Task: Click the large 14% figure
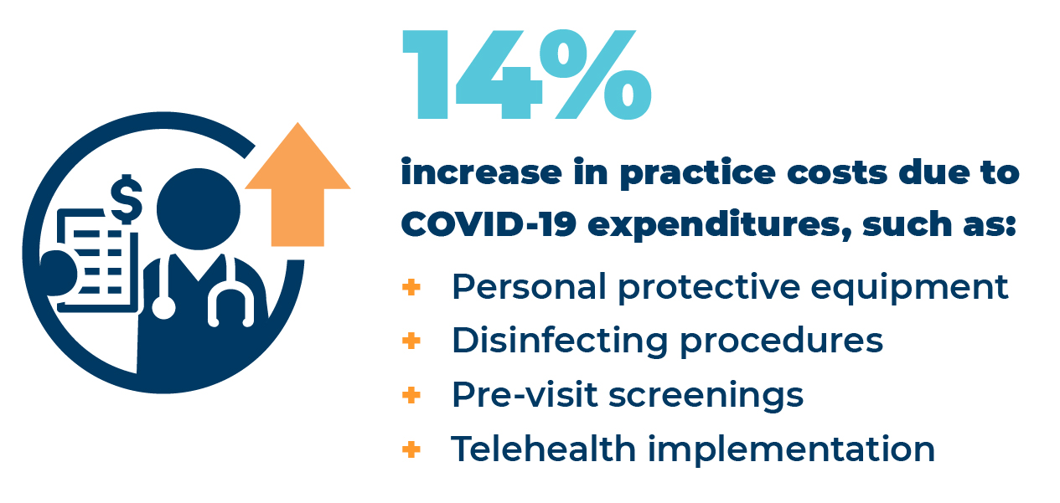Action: point(527,74)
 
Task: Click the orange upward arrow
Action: point(297,185)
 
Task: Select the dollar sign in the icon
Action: point(126,199)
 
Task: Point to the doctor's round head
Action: point(199,209)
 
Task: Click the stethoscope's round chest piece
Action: point(163,307)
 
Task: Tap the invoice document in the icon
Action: point(97,260)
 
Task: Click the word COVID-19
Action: point(489,223)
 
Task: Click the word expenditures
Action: point(721,225)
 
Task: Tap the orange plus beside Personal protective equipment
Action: point(411,287)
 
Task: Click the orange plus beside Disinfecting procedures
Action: point(411,341)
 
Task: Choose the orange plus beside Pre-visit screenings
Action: point(411,395)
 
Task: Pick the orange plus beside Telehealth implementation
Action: point(411,449)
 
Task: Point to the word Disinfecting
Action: point(560,341)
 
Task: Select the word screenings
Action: point(706,396)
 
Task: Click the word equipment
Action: point(909,288)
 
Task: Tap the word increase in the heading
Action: point(481,172)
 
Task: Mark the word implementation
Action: point(791,449)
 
